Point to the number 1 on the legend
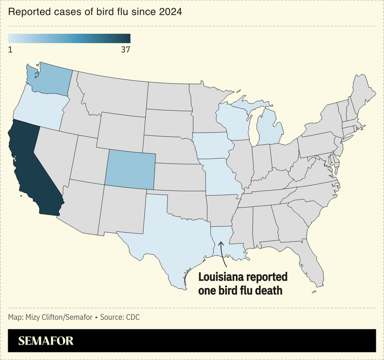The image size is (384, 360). [x=11, y=49]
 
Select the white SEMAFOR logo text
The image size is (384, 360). [x=46, y=341]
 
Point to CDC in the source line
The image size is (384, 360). [x=132, y=317]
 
